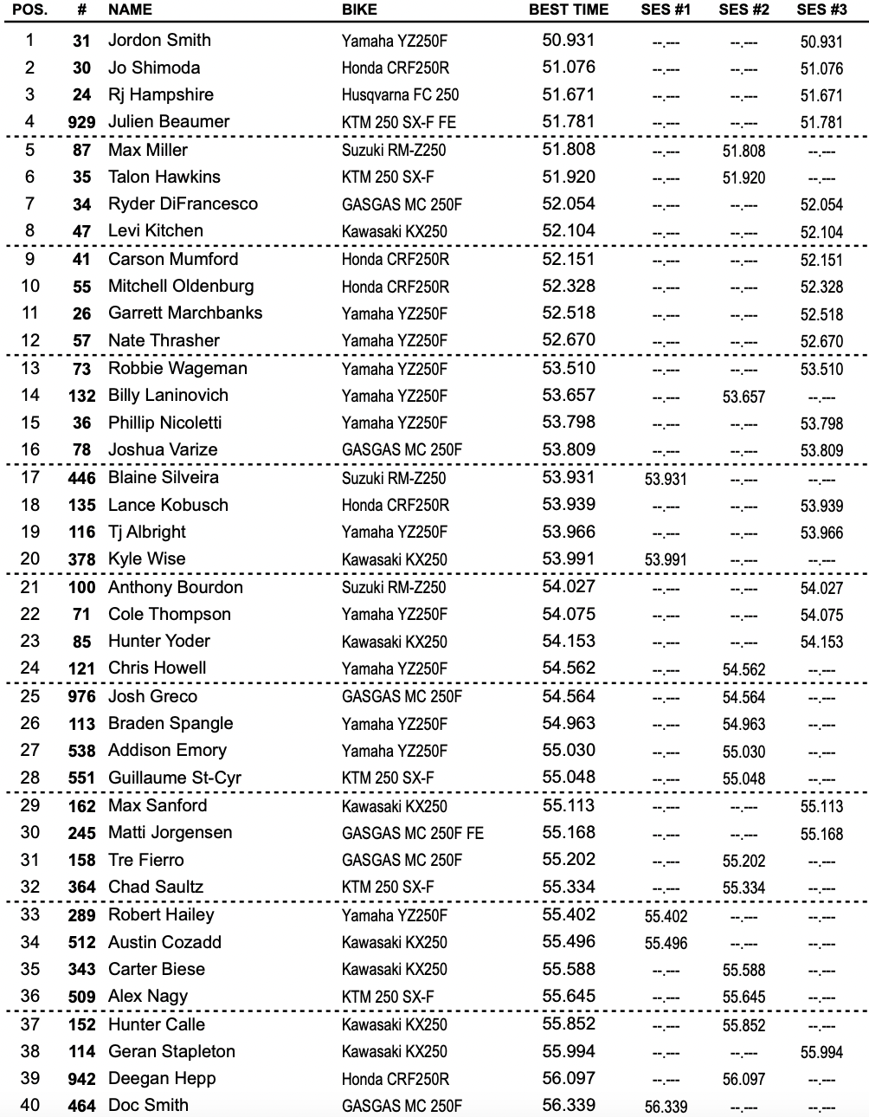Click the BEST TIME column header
tap(569, 10)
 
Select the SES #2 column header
tap(743, 10)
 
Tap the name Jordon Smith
tap(159, 40)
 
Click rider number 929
tap(81, 122)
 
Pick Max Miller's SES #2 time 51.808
tap(743, 151)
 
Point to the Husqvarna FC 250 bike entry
tap(400, 95)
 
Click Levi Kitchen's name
tap(156, 231)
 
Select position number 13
tap(30, 368)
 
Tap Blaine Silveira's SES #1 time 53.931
tap(666, 479)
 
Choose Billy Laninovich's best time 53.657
tap(569, 395)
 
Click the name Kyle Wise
tap(147, 559)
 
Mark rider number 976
tap(81, 697)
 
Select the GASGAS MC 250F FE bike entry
tap(413, 833)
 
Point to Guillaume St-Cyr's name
tap(175, 778)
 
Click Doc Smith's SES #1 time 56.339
tap(666, 1107)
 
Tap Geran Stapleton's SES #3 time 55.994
tap(821, 1052)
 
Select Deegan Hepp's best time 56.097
tap(569, 1078)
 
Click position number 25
tap(30, 696)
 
